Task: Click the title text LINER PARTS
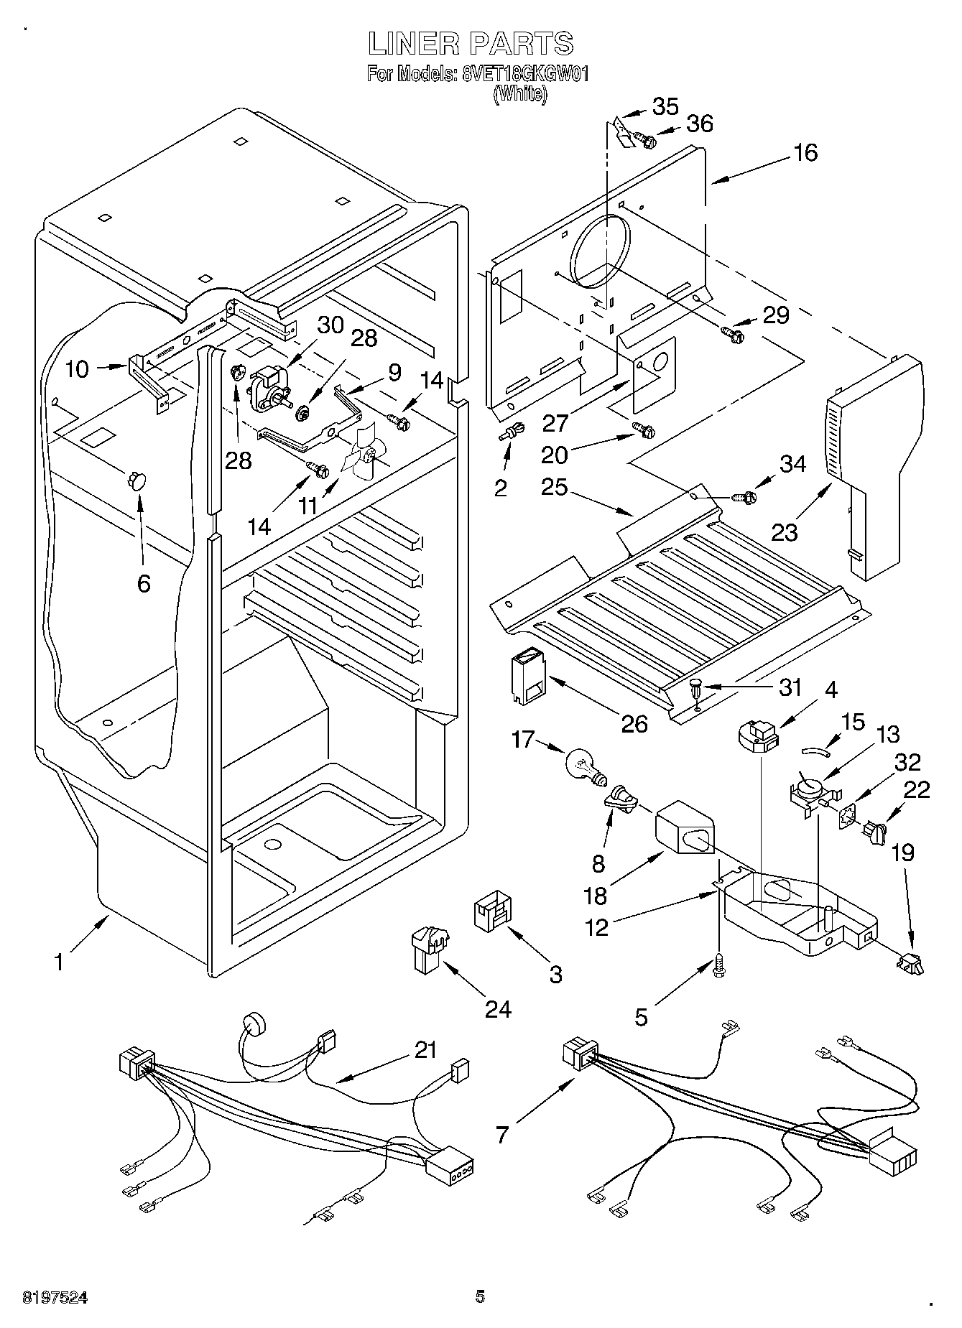click(471, 44)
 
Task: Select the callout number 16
click(806, 152)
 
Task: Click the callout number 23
click(785, 532)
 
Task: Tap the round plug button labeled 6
click(137, 480)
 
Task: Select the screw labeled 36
click(647, 141)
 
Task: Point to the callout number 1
click(59, 962)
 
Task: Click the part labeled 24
click(428, 947)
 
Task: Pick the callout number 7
click(502, 1134)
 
